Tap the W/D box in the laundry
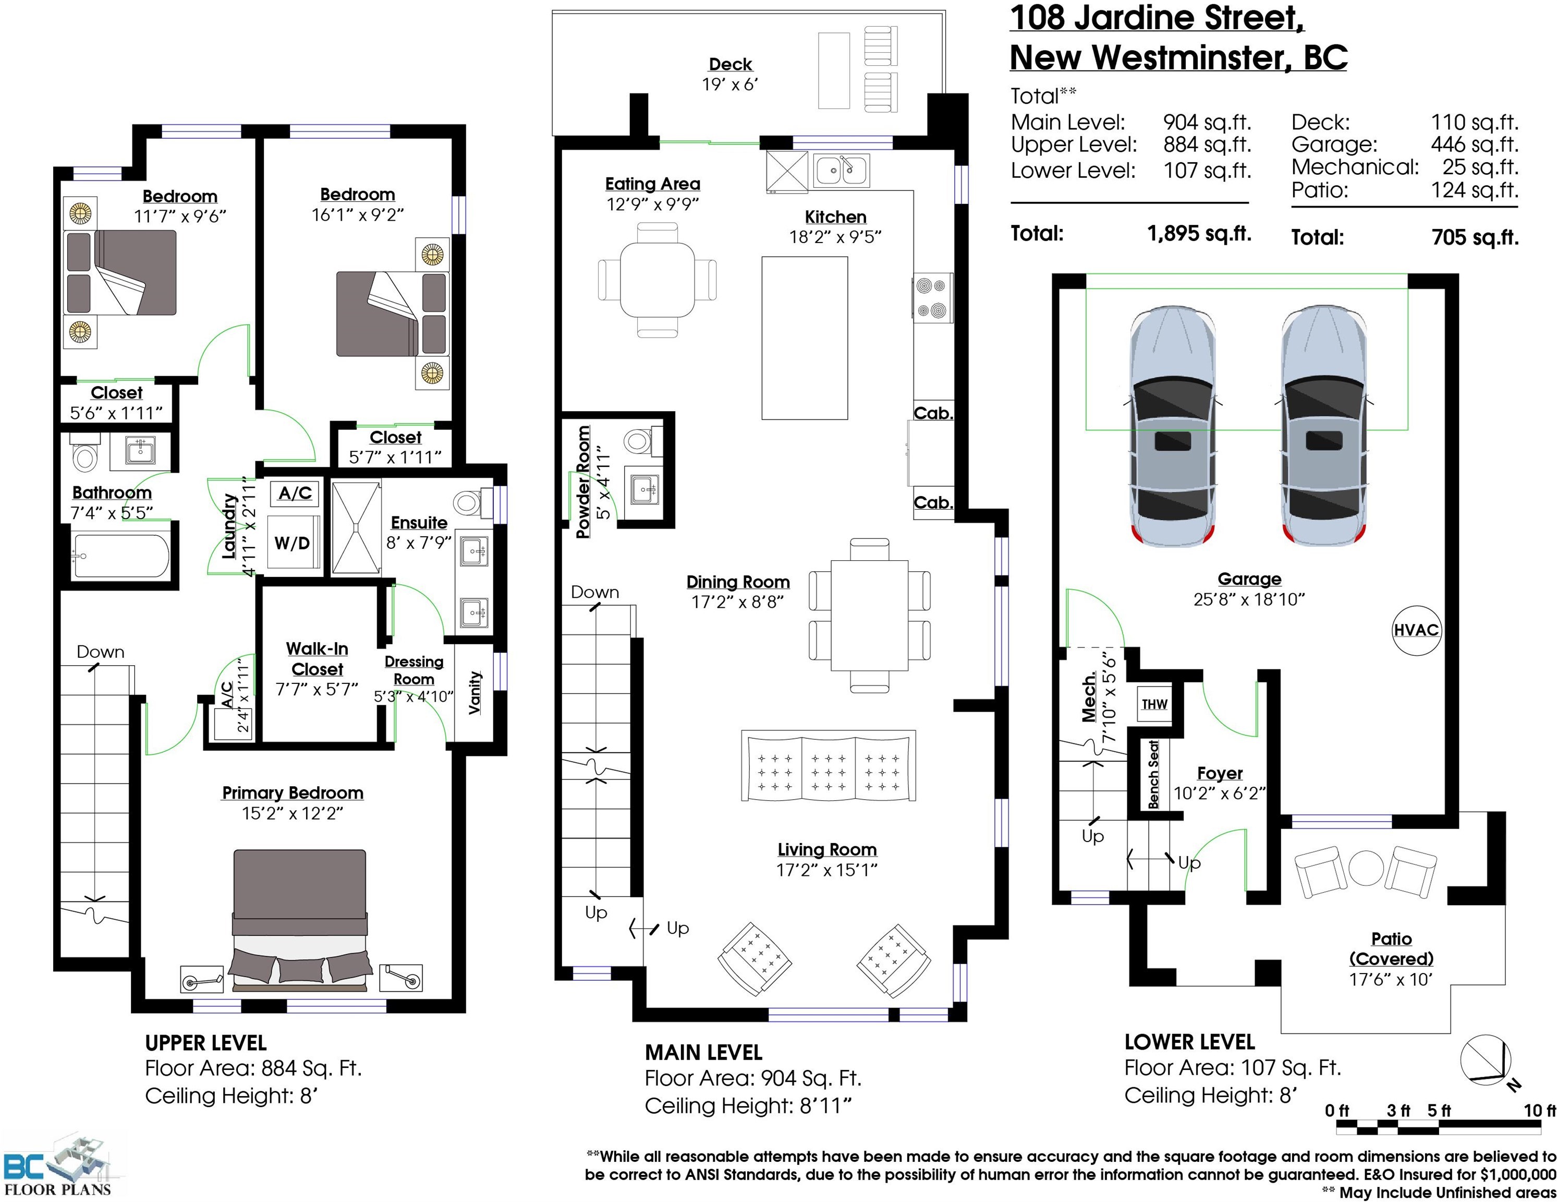coord(293,543)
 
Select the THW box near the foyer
coord(1154,705)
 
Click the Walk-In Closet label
coord(317,659)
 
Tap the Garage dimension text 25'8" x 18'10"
coord(1249,599)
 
